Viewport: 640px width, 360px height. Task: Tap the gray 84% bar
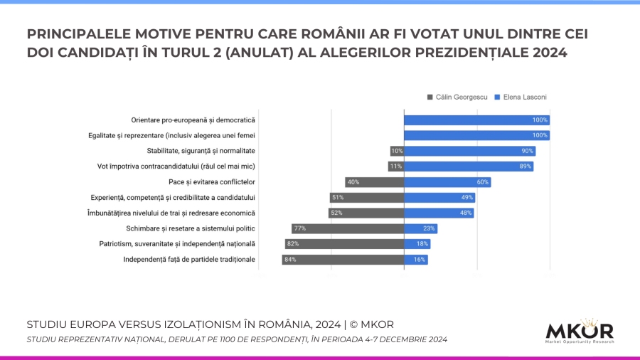coord(343,260)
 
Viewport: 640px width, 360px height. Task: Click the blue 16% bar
coord(416,260)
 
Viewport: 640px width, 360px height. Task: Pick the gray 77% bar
coord(348,228)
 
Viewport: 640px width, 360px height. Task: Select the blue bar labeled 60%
coord(447,182)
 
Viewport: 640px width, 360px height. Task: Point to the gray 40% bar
coord(374,182)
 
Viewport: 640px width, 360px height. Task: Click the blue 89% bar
coord(469,166)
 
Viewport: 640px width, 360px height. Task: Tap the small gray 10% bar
coord(397,151)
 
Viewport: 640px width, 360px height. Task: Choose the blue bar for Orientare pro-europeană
coord(476,120)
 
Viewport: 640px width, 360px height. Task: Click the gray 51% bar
coord(366,197)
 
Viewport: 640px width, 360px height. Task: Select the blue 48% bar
coord(439,213)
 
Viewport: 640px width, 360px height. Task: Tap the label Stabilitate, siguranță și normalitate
coord(201,151)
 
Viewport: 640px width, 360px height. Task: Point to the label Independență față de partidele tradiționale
coord(189,260)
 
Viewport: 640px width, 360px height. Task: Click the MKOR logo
coord(579,331)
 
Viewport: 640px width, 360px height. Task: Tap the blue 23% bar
coord(420,228)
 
